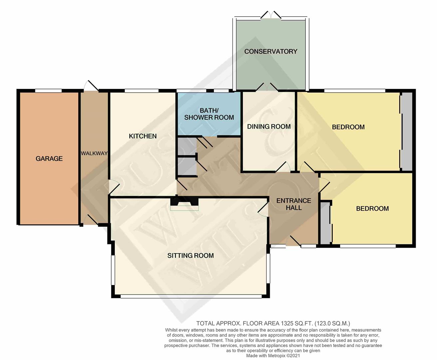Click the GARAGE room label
point(49,159)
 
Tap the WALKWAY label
point(94,153)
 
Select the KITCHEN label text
point(143,136)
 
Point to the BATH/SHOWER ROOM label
point(209,114)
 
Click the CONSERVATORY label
point(270,51)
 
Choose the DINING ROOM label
point(269,127)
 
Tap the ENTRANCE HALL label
point(293,204)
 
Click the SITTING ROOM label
point(190,256)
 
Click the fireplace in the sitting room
point(184,204)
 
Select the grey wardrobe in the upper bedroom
point(406,132)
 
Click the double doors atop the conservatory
point(271,16)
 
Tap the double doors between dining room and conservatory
point(267,87)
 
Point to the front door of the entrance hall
point(294,241)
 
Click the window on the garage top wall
point(49,90)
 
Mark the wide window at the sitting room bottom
point(191,296)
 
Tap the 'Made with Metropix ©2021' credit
point(273,356)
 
